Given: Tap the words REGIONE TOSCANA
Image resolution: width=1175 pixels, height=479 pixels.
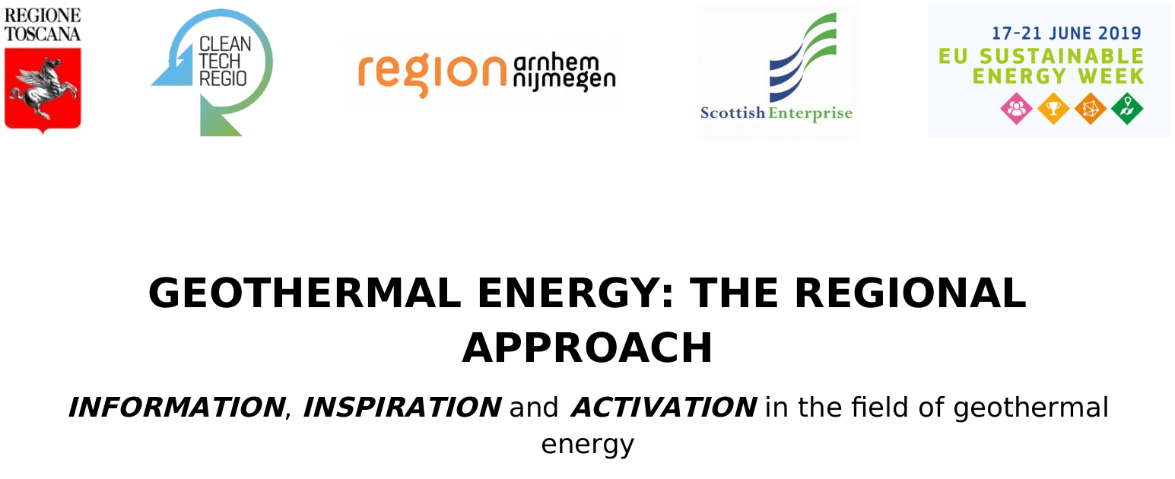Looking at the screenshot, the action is pyautogui.click(x=43, y=24).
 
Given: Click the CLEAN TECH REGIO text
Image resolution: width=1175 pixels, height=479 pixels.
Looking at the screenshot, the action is pyautogui.click(x=224, y=61).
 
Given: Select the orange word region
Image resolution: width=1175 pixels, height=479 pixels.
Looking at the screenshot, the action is pyautogui.click(x=432, y=74).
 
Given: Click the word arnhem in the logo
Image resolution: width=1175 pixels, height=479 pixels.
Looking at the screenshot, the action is pyautogui.click(x=556, y=62).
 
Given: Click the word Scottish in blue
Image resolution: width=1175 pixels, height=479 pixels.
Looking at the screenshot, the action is pyautogui.click(x=732, y=113).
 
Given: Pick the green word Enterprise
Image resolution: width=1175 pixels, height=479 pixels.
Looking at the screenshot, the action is pyautogui.click(x=811, y=114).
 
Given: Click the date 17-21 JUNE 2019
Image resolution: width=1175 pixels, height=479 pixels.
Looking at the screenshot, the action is pyautogui.click(x=1066, y=33).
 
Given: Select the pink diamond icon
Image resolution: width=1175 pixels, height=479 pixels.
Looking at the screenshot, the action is pyautogui.click(x=1016, y=109).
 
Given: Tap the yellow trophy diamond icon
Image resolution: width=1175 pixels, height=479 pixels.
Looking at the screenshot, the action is pyautogui.click(x=1053, y=109).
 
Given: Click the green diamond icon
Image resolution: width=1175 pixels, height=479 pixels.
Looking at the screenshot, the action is pyautogui.click(x=1127, y=109).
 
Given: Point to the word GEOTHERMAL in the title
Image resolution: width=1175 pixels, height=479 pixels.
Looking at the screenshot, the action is pyautogui.click(x=305, y=293).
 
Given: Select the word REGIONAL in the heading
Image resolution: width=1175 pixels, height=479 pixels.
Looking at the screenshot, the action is pyautogui.click(x=910, y=293).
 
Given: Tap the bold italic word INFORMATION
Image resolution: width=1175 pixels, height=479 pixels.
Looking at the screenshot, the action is pyautogui.click(x=176, y=407).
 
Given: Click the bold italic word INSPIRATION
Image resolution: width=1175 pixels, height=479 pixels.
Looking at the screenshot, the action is pyautogui.click(x=402, y=407).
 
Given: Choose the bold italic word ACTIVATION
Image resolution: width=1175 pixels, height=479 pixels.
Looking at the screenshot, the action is pyautogui.click(x=664, y=407).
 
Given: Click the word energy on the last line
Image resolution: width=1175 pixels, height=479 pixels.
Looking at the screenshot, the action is pyautogui.click(x=587, y=445).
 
